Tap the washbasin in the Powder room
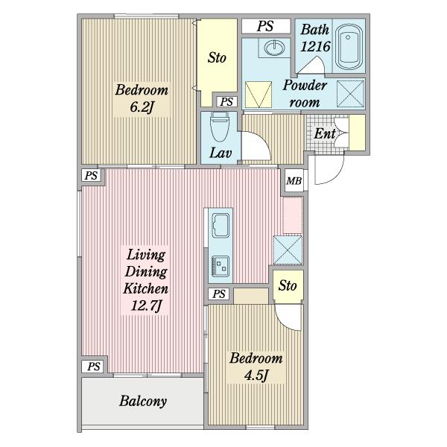pos(274,48)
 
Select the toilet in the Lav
pos(219,127)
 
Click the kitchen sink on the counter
pos(221,225)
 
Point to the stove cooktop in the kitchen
pos(221,266)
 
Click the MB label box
pos(294,181)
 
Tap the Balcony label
pos(143,402)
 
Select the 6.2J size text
pos(142,107)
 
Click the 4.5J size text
pos(256,375)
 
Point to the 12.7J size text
pos(146,306)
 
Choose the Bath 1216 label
pos(314,38)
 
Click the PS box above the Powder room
pos(266,26)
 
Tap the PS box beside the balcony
pos(94,366)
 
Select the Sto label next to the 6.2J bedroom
pos(217,58)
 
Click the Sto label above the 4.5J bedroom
pos(288,285)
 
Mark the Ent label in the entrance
pos(325,133)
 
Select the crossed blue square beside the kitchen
pos(288,250)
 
